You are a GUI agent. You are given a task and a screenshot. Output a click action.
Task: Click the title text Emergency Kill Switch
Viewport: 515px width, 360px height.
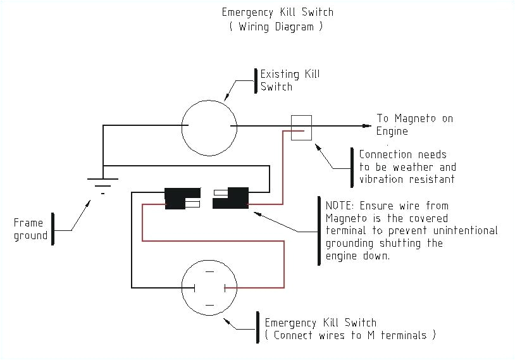tap(277, 12)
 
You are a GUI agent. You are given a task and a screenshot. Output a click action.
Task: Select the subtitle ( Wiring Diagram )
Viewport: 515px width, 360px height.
tap(277, 27)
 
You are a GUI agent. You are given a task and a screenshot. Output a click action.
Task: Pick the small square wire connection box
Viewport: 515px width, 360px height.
tap(301, 127)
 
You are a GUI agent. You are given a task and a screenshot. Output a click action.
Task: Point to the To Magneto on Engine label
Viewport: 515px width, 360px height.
tap(414, 125)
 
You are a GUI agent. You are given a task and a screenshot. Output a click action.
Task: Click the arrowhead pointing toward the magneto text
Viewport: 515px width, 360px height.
tap(366, 126)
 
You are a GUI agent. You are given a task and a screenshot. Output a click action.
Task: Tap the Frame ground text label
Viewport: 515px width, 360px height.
tap(30, 229)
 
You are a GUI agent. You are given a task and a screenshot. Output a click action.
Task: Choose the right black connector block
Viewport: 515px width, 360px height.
tap(233, 198)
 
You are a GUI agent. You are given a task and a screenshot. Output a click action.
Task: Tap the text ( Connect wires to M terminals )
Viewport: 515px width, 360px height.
tap(351, 335)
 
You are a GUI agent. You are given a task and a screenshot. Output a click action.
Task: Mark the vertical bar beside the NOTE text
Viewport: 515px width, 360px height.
tap(318, 230)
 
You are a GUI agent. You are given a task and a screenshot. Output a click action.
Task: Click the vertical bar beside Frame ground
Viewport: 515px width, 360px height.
tap(53, 228)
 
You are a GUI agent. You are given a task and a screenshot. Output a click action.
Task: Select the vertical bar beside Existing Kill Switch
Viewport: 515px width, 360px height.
tap(256, 80)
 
